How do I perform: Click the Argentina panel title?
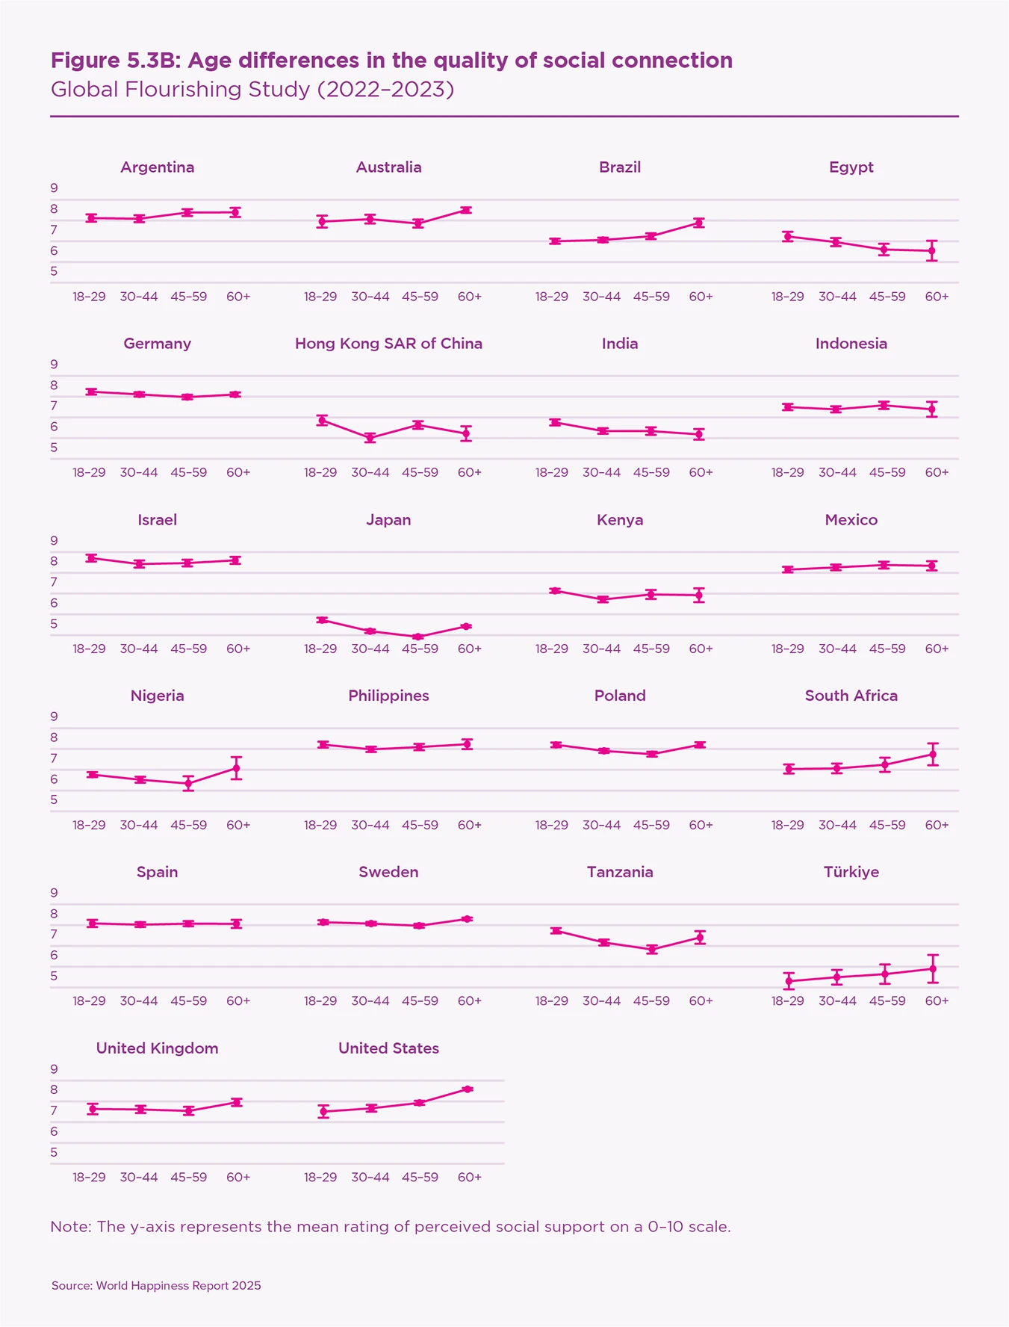(158, 167)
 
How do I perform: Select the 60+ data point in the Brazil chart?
(699, 223)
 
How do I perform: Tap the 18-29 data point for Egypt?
(788, 237)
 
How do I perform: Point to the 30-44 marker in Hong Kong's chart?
(370, 438)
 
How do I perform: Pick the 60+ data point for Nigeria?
(236, 768)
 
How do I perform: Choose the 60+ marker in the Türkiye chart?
(932, 969)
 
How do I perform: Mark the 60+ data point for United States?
(468, 1089)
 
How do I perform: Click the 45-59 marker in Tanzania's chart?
(652, 949)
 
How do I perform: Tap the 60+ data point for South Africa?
(932, 755)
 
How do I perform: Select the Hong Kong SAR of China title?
(388, 344)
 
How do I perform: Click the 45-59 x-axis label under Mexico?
(887, 649)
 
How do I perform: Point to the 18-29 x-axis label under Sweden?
(320, 1000)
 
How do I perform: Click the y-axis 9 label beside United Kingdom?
(54, 1068)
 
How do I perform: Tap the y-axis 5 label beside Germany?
(54, 448)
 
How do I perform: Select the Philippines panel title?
(388, 696)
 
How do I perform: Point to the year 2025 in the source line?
(246, 1286)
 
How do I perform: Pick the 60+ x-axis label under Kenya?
(701, 649)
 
